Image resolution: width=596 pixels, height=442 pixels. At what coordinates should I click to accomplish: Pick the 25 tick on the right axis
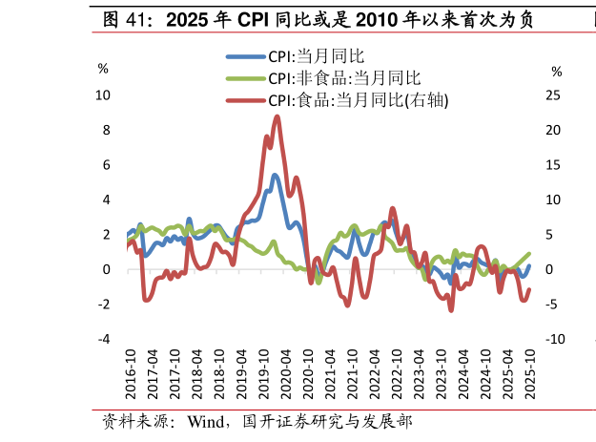553,95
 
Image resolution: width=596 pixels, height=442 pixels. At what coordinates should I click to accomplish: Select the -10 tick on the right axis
555,339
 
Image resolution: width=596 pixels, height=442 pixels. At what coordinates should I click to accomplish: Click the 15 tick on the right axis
553,165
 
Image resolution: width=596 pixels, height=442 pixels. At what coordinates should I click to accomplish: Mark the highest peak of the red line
277,116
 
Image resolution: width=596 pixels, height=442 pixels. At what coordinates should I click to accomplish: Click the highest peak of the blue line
275,175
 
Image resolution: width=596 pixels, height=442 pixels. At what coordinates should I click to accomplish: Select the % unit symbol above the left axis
103,69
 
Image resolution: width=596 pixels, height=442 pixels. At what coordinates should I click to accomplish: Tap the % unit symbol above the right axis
557,72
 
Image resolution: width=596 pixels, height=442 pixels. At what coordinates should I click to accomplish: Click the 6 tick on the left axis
105,165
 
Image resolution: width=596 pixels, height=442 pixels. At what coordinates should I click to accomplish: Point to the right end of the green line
529,254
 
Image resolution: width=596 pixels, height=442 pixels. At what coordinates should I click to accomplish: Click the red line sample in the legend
244,99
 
